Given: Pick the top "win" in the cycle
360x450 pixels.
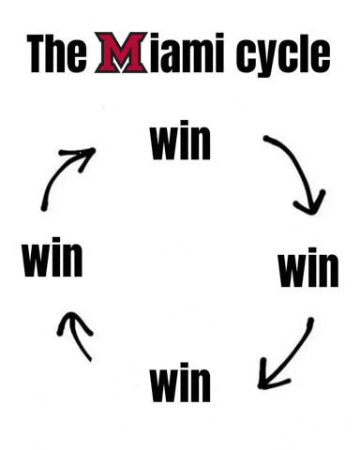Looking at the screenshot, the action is pos(180,142).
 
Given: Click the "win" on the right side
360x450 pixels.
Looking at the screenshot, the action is pos(307,269).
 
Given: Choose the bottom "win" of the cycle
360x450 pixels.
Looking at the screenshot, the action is pos(180,382).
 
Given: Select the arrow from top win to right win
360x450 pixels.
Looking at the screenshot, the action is pos(298,173).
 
